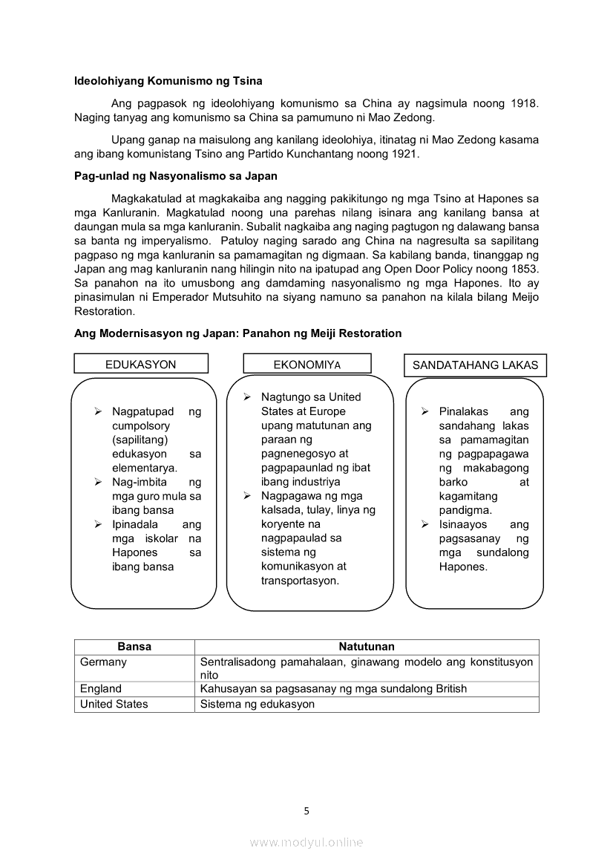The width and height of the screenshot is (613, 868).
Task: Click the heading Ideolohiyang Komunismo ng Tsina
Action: [x=168, y=81]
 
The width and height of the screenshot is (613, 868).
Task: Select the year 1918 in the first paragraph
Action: [x=524, y=103]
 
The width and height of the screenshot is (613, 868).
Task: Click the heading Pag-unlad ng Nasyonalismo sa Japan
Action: [x=175, y=177]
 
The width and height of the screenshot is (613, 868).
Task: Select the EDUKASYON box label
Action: [x=141, y=365]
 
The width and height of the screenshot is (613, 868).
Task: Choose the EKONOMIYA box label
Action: [x=307, y=365]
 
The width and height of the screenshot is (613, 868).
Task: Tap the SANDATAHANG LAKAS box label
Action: [x=475, y=365]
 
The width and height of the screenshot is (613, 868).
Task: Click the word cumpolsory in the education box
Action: [x=141, y=425]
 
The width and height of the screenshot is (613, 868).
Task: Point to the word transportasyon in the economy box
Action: [x=300, y=581]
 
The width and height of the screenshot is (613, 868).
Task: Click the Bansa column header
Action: [x=134, y=647]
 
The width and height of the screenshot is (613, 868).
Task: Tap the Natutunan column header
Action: [x=367, y=647]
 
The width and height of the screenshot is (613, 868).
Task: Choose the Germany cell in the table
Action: [x=103, y=662]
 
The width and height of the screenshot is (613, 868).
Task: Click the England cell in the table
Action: [x=101, y=689]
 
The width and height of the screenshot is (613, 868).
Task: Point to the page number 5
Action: [x=306, y=811]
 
